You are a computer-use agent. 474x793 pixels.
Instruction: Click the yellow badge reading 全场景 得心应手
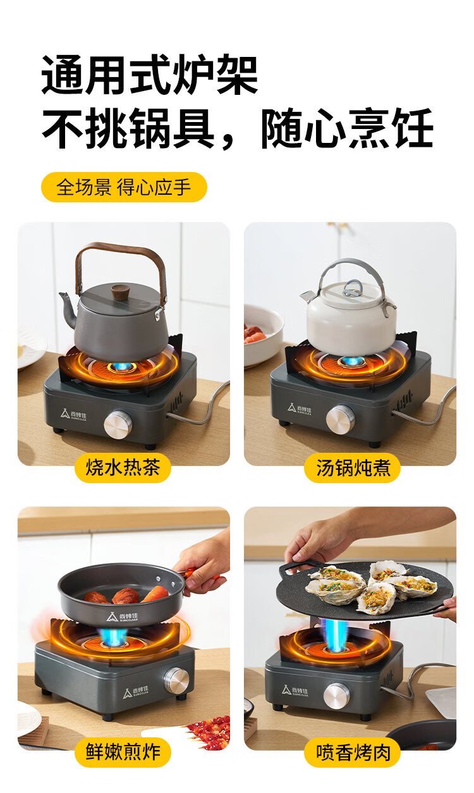point(124,187)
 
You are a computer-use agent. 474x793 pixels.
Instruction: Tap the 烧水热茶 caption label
point(123,467)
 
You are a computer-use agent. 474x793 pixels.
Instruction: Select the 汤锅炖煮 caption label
point(353,467)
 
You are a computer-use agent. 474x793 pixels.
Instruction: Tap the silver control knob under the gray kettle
point(118,424)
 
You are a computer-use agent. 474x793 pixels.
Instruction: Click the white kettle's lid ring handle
point(353,288)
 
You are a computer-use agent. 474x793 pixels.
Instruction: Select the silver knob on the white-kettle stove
point(340,419)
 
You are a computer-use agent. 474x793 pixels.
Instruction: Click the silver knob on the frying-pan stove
point(176,680)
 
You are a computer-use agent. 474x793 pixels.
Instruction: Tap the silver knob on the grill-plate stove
point(336,696)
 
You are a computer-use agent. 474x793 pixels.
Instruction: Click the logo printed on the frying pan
point(122,617)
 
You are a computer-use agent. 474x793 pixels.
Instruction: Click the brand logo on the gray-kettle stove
point(73,414)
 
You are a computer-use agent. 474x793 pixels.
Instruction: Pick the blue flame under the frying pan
point(112,636)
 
